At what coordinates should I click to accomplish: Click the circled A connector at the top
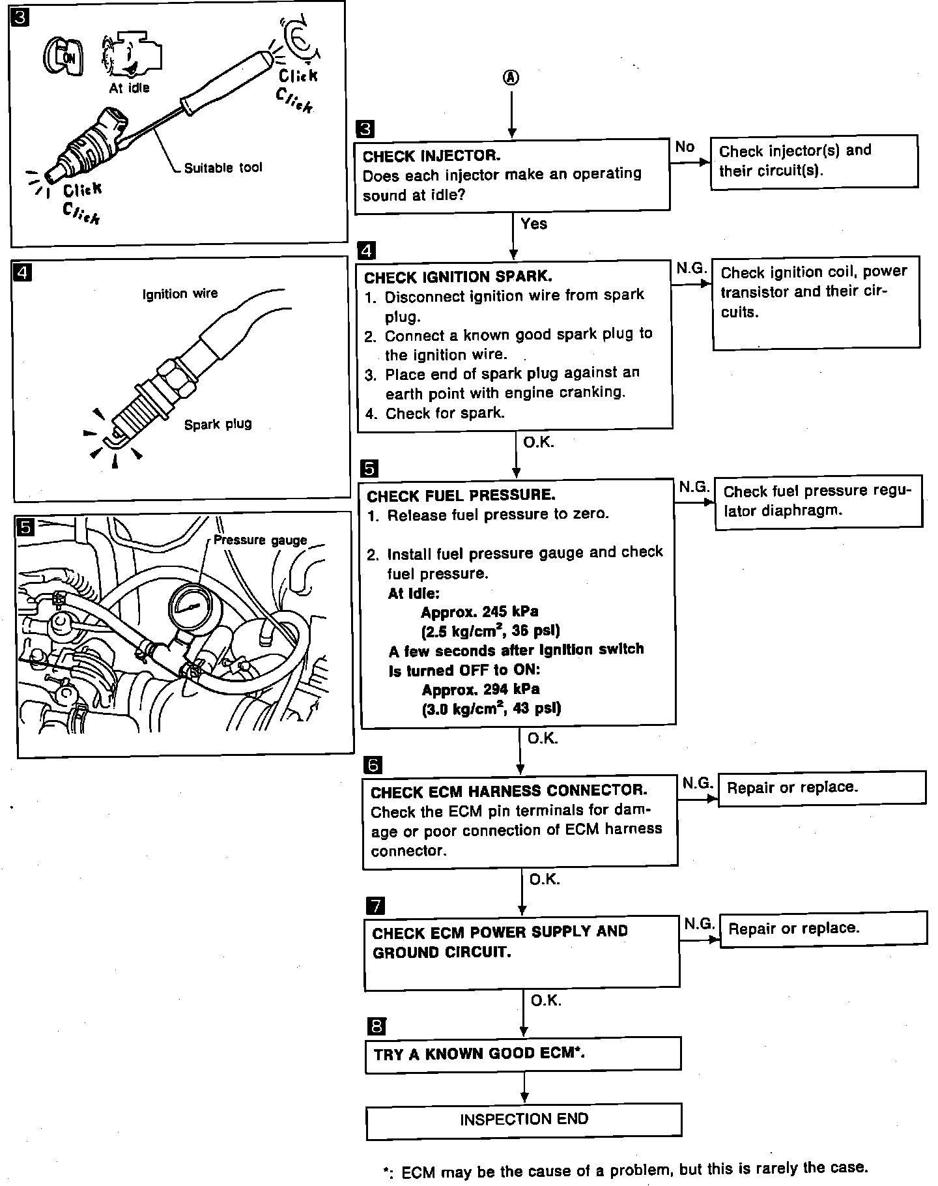tap(511, 78)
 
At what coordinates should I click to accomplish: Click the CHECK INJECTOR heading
tap(431, 156)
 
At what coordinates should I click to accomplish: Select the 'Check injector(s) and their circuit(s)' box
tap(814, 162)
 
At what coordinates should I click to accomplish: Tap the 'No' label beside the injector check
tap(685, 147)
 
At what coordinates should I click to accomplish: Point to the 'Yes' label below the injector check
tap(534, 224)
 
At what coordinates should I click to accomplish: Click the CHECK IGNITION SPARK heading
tap(458, 277)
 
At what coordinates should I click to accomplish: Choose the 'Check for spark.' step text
tap(445, 414)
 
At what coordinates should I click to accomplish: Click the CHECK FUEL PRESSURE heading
tap(461, 496)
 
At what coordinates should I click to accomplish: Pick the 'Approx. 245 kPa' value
tap(479, 612)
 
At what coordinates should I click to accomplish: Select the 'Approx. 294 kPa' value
tap(481, 689)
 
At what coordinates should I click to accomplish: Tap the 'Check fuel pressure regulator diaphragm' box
tap(818, 502)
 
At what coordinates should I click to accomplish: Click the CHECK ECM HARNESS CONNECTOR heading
tap(509, 791)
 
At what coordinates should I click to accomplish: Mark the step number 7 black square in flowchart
tap(375, 906)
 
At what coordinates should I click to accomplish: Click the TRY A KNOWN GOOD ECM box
tap(523, 1054)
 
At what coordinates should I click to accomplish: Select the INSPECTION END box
tap(524, 1120)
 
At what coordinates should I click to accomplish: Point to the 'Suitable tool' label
tap(223, 168)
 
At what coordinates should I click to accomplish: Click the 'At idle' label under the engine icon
tap(129, 88)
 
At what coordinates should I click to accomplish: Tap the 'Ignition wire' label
tap(180, 294)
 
